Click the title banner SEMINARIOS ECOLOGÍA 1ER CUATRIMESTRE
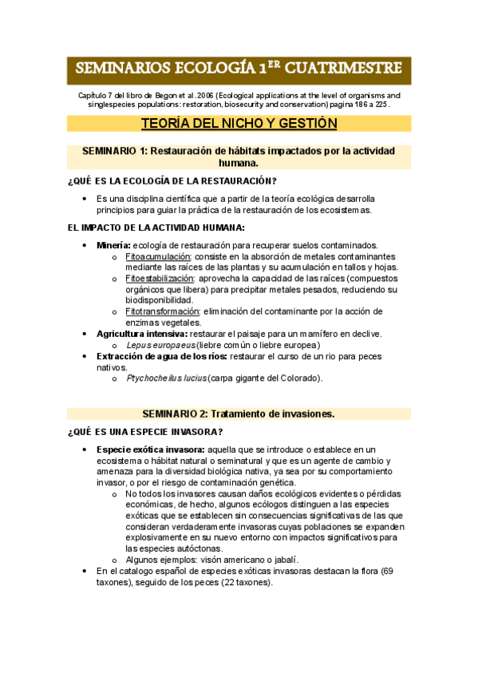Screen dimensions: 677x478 click(x=239, y=70)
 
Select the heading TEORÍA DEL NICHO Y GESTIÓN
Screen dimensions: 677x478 click(x=239, y=123)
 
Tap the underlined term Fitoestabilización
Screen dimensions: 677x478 click(x=160, y=279)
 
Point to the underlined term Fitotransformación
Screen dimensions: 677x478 click(x=162, y=311)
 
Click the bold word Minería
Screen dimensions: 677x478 click(x=113, y=245)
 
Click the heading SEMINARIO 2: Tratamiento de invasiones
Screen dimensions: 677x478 click(x=239, y=414)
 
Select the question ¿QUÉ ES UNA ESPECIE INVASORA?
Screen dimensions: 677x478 click(x=144, y=432)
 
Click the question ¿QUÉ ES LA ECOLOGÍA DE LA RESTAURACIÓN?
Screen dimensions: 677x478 click(x=172, y=180)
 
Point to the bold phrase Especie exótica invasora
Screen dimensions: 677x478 click(x=148, y=450)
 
